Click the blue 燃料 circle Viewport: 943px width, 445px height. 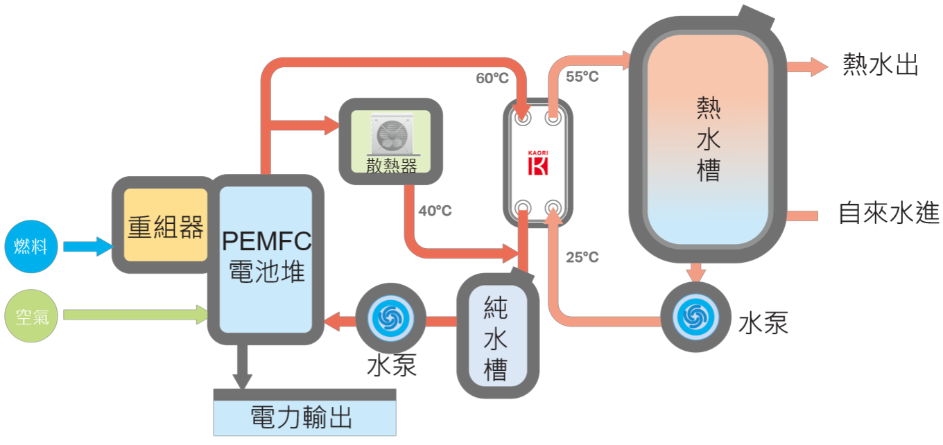[x=31, y=246]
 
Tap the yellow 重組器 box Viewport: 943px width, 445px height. [x=166, y=225]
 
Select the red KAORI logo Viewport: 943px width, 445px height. [x=538, y=164]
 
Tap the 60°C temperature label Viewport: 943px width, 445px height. [x=492, y=78]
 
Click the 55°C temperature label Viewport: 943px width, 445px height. [x=582, y=77]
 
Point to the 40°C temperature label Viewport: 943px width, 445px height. [x=435, y=211]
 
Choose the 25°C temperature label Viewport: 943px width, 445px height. [x=582, y=258]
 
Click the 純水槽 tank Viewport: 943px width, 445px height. [x=497, y=340]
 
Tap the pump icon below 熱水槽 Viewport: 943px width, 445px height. [x=695, y=316]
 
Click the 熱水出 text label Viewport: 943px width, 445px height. [x=881, y=66]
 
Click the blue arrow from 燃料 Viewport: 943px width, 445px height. [x=87, y=246]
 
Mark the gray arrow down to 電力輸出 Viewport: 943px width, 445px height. [x=242, y=367]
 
